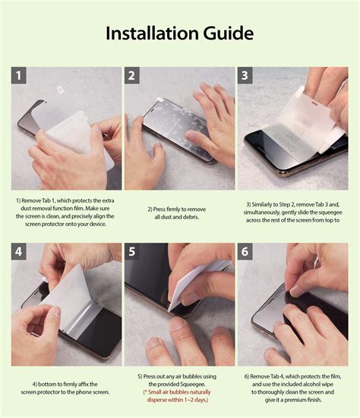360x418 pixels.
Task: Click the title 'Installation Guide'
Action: pyautogui.click(x=179, y=33)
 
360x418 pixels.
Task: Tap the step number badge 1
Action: pyautogui.click(x=20, y=76)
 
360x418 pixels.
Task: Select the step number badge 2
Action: pyautogui.click(x=132, y=76)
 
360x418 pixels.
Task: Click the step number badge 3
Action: pyautogui.click(x=245, y=76)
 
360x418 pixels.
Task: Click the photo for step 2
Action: pyautogui.click(x=179, y=129)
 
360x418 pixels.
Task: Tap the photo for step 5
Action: pyautogui.click(x=179, y=303)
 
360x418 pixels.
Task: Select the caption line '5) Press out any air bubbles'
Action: pyautogui.click(x=179, y=377)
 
